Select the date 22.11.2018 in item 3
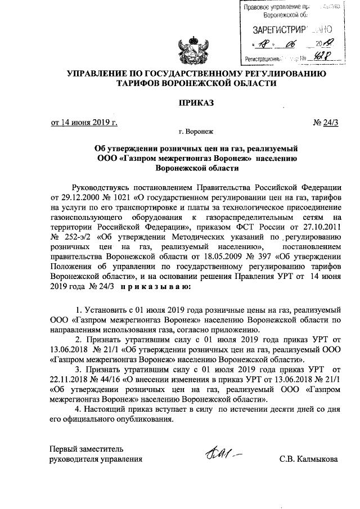pos(72,379)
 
